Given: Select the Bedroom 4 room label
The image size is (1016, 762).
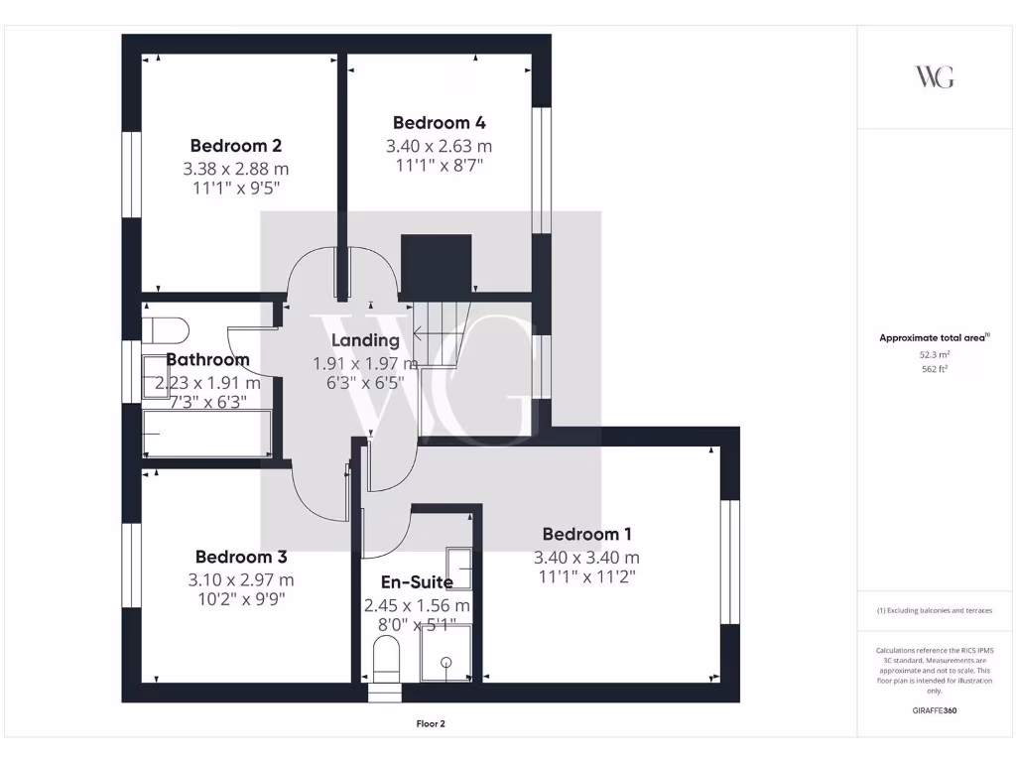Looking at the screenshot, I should click(439, 123).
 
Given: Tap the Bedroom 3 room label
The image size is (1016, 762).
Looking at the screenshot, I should click(241, 557).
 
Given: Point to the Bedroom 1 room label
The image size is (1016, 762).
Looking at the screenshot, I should click(586, 534).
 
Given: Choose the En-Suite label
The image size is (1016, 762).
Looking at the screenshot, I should click(417, 582).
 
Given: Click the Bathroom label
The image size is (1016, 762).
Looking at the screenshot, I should click(207, 359).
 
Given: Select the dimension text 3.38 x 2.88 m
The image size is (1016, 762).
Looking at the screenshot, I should click(236, 169).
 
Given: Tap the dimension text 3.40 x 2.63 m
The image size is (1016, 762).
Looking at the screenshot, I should click(439, 147).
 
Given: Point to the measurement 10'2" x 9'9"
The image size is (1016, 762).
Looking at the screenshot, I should click(241, 598).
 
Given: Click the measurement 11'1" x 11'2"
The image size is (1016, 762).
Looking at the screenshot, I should click(586, 575).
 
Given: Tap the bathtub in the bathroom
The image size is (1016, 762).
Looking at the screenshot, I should click(206, 435).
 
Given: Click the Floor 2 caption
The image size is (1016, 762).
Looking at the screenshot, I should click(431, 724).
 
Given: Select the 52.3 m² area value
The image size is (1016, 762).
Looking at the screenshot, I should click(934, 354).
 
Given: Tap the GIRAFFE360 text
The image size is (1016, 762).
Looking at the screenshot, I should click(934, 711).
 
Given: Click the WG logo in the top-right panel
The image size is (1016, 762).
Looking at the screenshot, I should click(934, 77).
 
